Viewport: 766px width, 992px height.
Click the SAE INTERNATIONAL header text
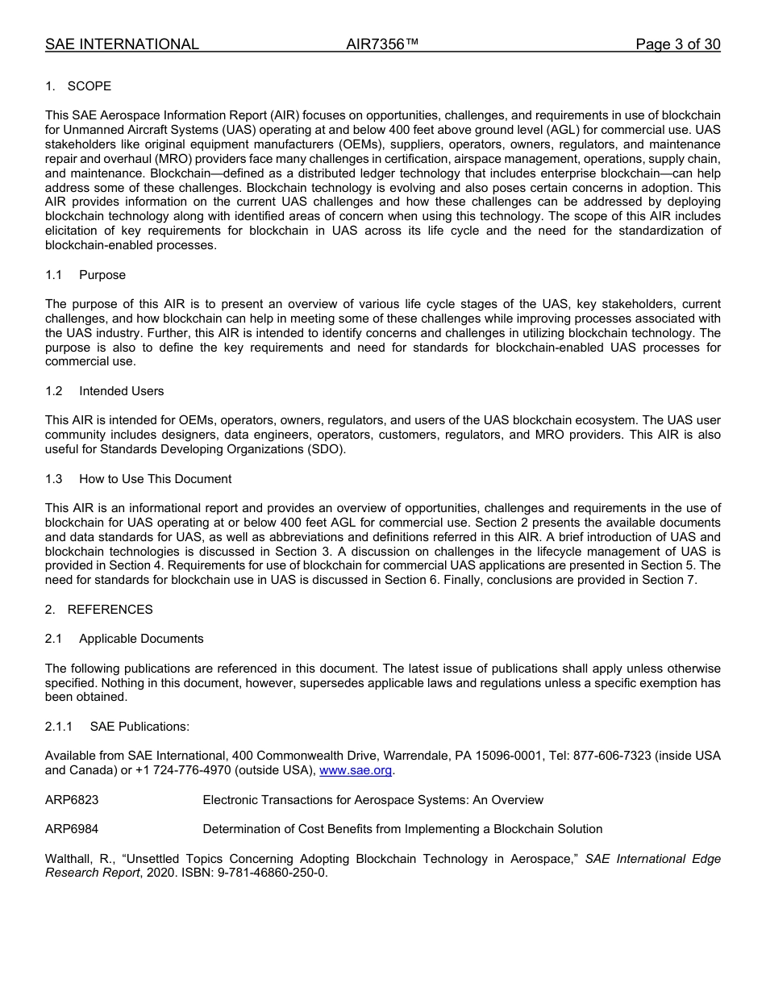click(x=122, y=44)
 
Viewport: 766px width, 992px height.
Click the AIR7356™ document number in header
click(x=382, y=44)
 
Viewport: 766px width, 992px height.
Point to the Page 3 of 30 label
click(x=677, y=44)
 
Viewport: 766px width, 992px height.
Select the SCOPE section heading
click(x=89, y=86)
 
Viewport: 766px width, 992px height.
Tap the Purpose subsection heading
click(x=102, y=275)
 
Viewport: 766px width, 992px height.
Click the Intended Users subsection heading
click(x=121, y=391)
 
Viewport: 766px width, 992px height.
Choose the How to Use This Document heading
click(x=155, y=479)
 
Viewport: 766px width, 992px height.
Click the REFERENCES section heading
click(x=110, y=610)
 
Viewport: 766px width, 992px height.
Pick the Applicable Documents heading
click(x=141, y=639)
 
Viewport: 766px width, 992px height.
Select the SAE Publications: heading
click(x=139, y=727)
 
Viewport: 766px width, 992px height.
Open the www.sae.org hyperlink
click(x=356, y=770)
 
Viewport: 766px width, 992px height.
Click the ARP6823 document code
click(x=72, y=800)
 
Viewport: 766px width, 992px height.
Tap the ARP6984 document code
click(x=72, y=829)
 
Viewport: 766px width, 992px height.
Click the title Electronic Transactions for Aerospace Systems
click(x=373, y=800)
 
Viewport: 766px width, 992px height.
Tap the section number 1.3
click(x=54, y=479)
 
